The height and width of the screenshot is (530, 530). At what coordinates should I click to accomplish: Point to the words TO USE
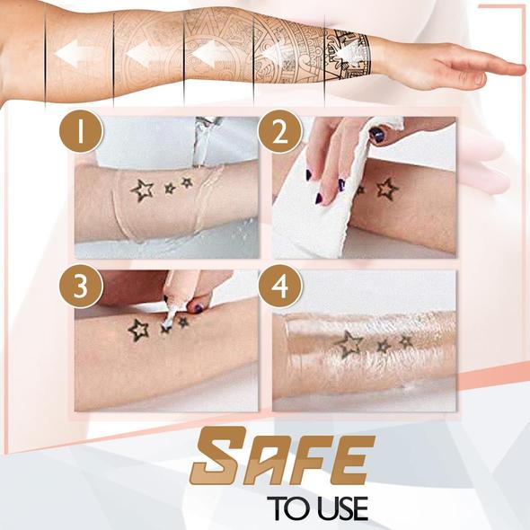(x=316, y=508)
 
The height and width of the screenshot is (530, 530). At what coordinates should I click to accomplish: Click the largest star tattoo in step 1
(x=142, y=190)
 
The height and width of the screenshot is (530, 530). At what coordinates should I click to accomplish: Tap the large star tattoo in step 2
(x=386, y=189)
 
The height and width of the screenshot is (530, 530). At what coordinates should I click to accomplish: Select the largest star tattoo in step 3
(x=138, y=330)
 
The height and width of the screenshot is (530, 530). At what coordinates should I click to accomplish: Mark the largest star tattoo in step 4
(x=348, y=341)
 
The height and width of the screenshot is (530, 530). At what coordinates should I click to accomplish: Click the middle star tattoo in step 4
(x=384, y=346)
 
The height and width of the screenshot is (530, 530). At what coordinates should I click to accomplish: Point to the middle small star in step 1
(x=169, y=188)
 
